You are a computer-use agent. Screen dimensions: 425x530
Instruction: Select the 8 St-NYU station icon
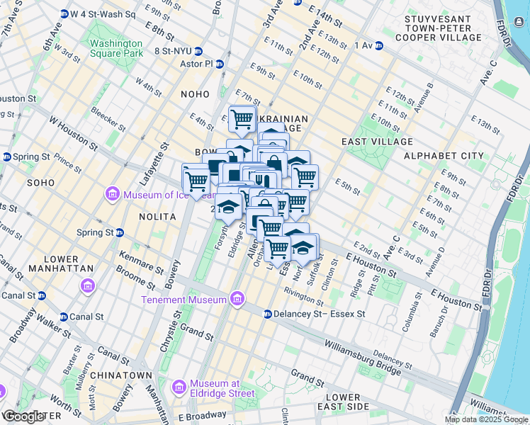click(198, 51)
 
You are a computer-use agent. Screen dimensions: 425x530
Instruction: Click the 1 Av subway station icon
click(379, 45)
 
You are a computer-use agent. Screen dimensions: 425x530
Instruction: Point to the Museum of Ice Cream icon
click(112, 194)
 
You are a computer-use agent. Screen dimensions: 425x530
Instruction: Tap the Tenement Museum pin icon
click(237, 300)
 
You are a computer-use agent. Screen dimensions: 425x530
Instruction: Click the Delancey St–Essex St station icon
click(268, 314)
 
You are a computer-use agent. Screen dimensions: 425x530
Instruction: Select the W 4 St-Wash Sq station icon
click(64, 13)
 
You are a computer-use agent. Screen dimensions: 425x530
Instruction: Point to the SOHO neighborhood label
click(40, 182)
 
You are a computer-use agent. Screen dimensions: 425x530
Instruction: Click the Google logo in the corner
click(23, 416)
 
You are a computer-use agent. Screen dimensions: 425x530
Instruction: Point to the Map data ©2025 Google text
click(486, 419)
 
